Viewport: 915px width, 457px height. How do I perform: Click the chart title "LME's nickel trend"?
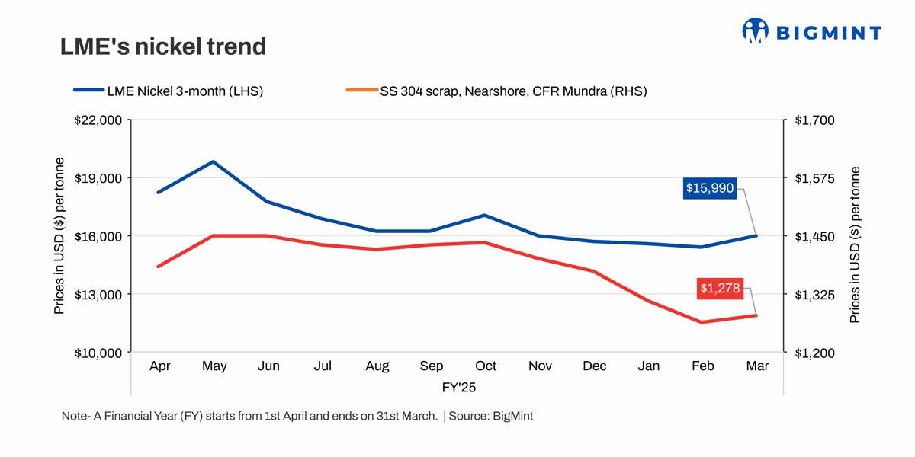[x=163, y=47]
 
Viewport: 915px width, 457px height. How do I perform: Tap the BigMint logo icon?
[x=755, y=31]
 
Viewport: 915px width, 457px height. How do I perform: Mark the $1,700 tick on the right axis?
[x=815, y=120]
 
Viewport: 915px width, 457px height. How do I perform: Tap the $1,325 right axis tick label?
[x=815, y=295]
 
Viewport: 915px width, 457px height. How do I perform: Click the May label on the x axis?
[x=214, y=366]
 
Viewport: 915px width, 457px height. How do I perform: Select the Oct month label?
[x=486, y=366]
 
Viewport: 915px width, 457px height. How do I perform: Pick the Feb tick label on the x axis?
[x=702, y=366]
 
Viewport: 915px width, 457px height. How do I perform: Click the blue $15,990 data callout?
[x=710, y=188]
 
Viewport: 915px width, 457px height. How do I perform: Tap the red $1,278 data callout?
[x=719, y=289]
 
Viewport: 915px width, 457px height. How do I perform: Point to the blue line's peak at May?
[x=214, y=161]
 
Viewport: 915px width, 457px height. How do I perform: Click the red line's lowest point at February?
[x=702, y=322]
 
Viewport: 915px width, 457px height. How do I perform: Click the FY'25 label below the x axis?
[x=458, y=388]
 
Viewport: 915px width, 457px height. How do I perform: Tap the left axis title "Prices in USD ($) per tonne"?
[x=59, y=236]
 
